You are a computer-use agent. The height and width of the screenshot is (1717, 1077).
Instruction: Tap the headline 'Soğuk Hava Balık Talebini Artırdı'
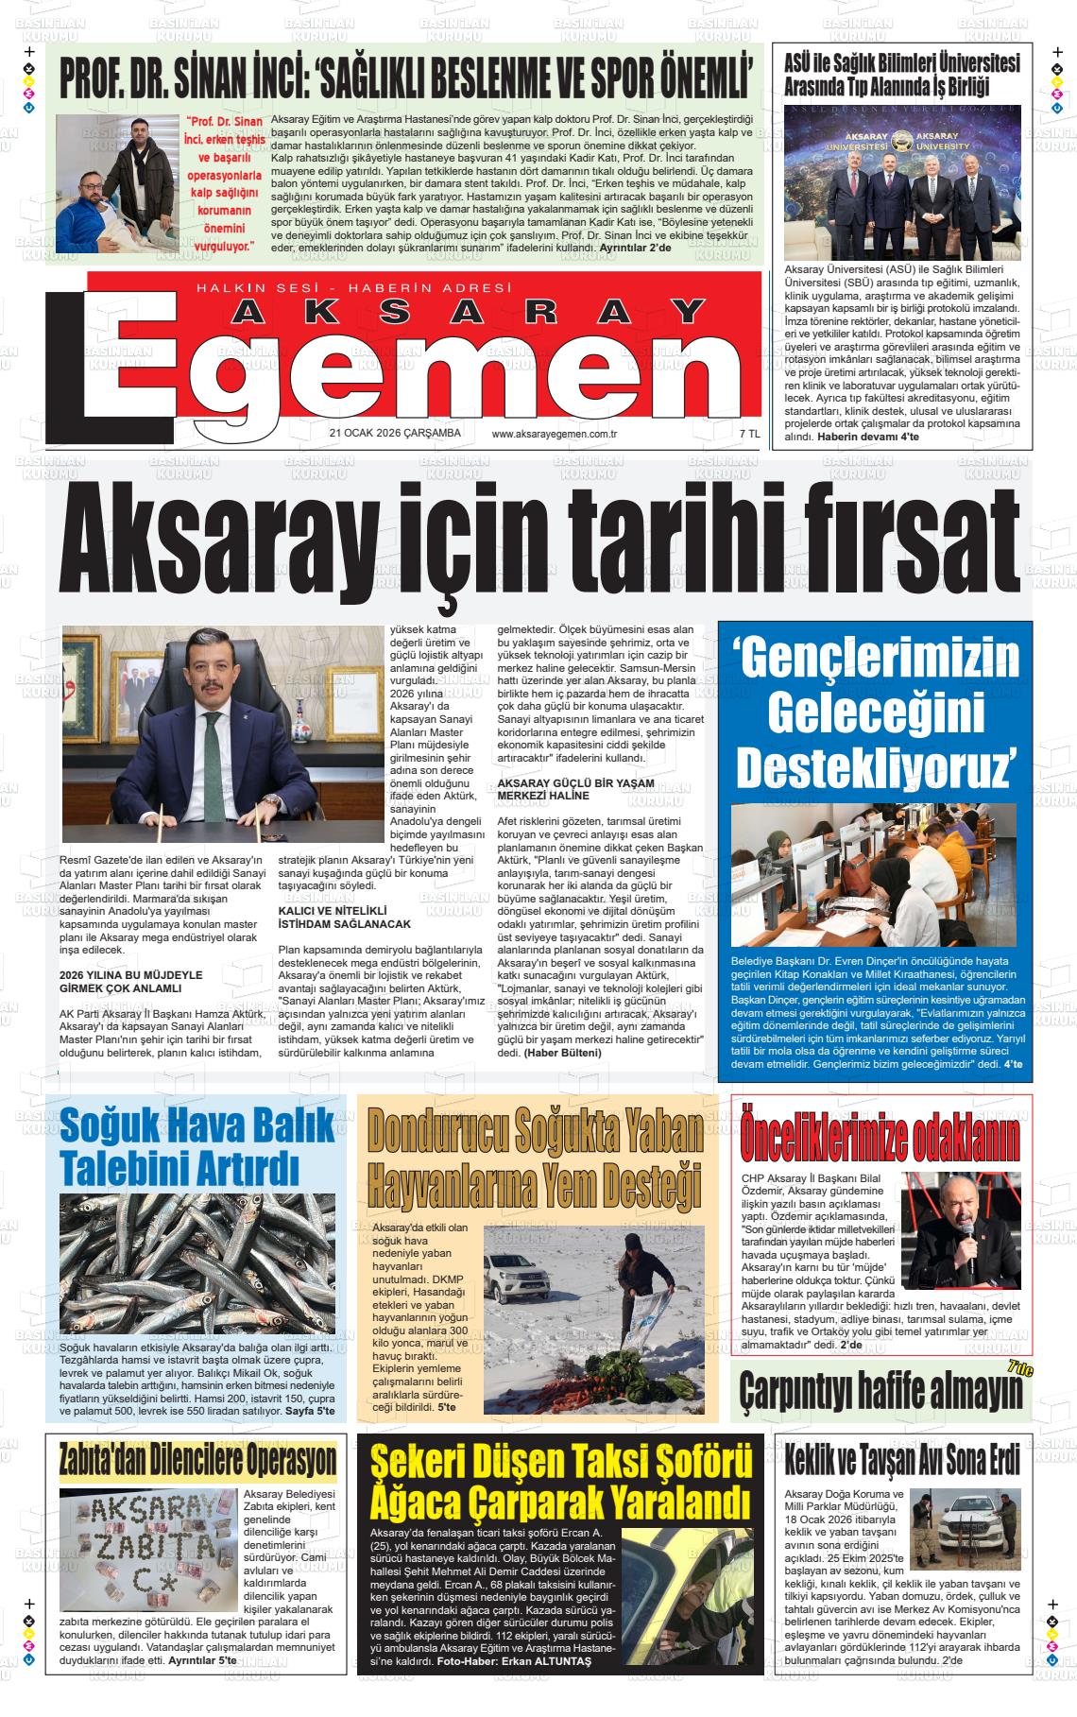tap(196, 1144)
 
